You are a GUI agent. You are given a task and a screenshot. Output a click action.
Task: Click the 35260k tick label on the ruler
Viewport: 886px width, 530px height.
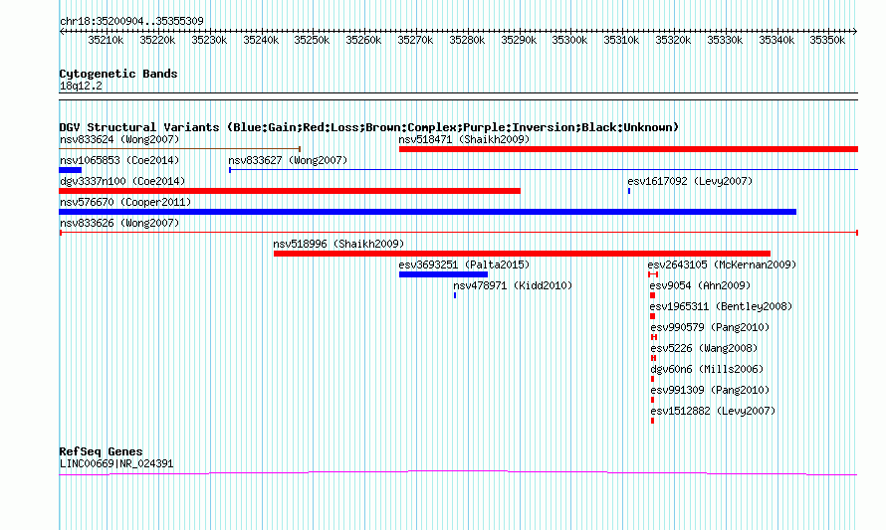(363, 40)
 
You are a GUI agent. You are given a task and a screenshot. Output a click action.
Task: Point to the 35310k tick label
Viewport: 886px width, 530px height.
(621, 40)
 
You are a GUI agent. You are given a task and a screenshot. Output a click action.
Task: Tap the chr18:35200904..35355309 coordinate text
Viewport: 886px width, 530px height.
(131, 21)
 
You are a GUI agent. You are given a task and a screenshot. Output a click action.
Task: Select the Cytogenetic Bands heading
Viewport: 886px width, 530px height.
(118, 74)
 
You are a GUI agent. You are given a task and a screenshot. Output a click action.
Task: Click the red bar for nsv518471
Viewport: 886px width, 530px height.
(628, 149)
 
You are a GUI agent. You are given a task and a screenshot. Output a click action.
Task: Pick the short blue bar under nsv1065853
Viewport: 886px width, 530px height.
(70, 170)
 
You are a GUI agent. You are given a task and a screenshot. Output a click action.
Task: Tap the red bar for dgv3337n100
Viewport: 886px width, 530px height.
(290, 191)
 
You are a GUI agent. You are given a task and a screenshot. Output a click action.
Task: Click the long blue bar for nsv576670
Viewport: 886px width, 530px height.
(428, 212)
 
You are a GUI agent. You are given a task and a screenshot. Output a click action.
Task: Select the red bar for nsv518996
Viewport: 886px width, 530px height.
(522, 254)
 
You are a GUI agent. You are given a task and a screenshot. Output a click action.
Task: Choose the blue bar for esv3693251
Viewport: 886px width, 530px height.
(443, 274)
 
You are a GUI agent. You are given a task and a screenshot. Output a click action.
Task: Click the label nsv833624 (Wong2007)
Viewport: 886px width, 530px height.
(119, 139)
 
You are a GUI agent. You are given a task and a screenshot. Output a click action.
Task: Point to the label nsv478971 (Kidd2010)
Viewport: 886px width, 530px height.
(513, 285)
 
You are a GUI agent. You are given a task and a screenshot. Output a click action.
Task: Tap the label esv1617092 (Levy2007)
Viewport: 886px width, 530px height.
(690, 181)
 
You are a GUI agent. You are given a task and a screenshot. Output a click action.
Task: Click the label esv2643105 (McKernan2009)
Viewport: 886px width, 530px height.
(722, 265)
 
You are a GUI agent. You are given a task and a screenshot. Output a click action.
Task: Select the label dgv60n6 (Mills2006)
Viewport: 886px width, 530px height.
(707, 369)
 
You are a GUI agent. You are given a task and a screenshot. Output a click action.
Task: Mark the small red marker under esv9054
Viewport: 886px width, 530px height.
(653, 295)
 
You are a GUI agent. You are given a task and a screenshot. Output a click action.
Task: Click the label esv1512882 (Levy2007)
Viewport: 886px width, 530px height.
(713, 411)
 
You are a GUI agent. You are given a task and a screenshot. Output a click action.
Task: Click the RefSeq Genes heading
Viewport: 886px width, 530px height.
(101, 451)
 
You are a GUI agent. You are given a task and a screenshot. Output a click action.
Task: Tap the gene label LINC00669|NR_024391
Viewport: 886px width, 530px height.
(116, 464)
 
